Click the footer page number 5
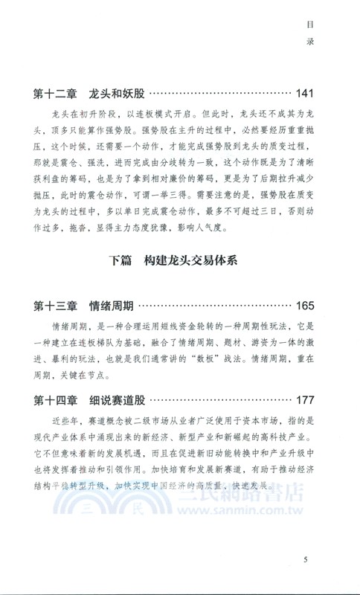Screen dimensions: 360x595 pos(306,559)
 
